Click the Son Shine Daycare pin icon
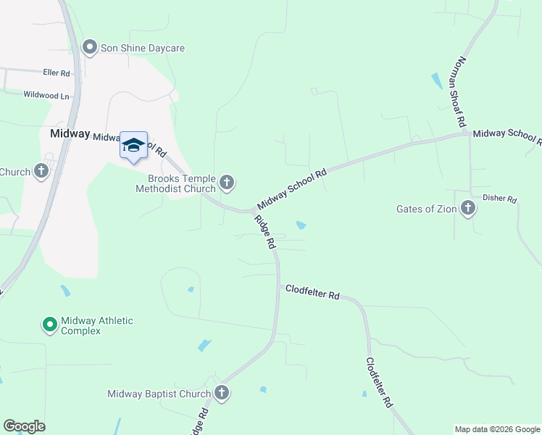[90, 48]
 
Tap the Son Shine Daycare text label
[143, 48]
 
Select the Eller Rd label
[56, 73]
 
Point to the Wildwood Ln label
[46, 95]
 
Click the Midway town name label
[70, 134]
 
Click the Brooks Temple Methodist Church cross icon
[227, 183]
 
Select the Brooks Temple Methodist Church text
[176, 183]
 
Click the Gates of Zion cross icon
[468, 209]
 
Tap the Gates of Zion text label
[426, 209]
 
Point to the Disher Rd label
[500, 199]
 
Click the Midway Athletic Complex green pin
[50, 324]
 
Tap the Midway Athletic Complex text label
[97, 326]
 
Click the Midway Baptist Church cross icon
[222, 394]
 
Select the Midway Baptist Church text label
[159, 394]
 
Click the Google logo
[24, 426]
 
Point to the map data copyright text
[497, 429]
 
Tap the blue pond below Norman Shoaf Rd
[436, 80]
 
